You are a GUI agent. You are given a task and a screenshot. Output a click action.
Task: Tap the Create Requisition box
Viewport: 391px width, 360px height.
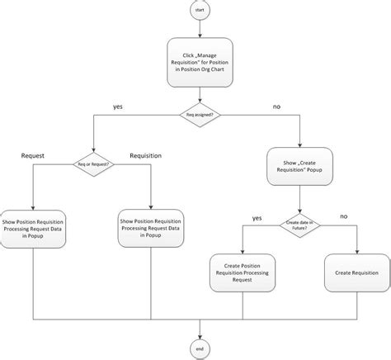[356, 272]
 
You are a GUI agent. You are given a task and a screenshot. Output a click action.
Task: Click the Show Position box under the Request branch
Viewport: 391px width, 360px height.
[33, 228]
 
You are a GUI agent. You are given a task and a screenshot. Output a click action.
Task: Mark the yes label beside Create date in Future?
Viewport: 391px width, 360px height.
[257, 217]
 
